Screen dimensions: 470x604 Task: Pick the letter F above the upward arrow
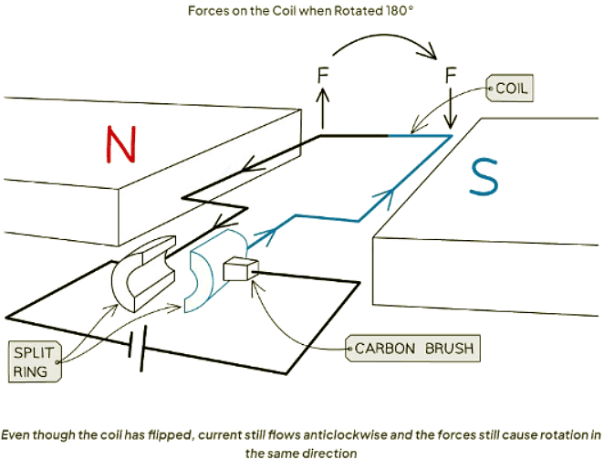(x=322, y=73)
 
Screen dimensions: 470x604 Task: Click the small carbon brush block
(x=241, y=268)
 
